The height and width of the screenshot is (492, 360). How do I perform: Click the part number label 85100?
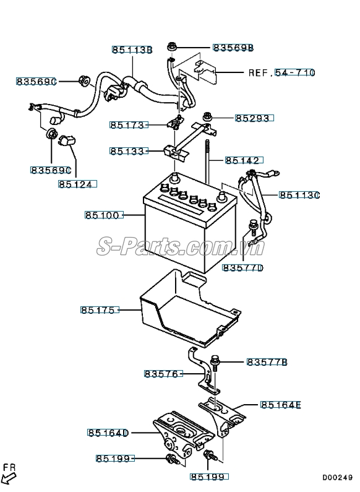tap(103, 215)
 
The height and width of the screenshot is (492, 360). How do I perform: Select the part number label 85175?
tap(98, 309)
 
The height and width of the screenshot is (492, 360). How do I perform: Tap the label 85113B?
tap(132, 50)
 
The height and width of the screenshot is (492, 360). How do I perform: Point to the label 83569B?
tap(233, 48)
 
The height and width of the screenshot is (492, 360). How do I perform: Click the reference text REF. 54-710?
tap(281, 73)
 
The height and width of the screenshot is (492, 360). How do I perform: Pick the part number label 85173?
tap(129, 125)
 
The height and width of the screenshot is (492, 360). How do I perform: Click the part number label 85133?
tap(129, 151)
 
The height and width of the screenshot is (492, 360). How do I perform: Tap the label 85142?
tap(242, 160)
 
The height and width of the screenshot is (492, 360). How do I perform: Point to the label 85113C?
tap(299, 195)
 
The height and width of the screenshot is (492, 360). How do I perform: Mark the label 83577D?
tap(242, 267)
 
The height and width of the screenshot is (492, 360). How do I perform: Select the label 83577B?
tap(267, 361)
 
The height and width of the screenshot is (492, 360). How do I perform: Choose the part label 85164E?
tap(280, 405)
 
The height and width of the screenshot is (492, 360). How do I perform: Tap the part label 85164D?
tap(107, 433)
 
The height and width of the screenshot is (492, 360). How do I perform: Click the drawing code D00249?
tap(336, 478)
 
